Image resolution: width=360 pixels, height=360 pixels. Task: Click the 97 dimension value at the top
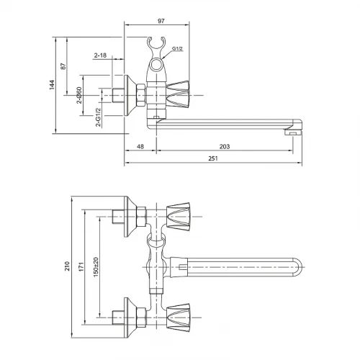(161, 21)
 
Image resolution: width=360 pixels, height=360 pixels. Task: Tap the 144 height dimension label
(52, 85)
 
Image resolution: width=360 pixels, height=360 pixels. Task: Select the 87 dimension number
(63, 66)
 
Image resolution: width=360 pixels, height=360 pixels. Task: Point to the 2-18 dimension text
(100, 55)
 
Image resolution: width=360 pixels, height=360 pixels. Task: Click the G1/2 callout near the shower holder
(177, 48)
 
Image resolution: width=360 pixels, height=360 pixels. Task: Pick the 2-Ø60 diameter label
(79, 95)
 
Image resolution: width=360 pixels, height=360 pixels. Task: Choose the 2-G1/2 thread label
(99, 117)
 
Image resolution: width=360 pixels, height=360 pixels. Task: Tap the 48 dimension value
(140, 146)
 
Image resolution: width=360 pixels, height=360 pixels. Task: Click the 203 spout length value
(225, 146)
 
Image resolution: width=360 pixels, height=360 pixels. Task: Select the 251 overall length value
(213, 158)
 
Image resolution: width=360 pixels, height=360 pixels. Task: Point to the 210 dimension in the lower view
(67, 266)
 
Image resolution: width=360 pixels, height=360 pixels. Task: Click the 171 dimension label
(81, 266)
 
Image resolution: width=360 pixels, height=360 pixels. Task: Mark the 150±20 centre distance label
(96, 267)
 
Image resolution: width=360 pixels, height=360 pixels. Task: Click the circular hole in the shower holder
(156, 65)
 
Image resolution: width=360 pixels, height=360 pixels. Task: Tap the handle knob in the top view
(178, 94)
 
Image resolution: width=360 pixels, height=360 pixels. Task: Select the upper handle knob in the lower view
(178, 217)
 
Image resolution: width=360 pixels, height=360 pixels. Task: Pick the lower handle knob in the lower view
(178, 318)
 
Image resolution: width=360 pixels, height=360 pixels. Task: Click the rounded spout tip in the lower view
(298, 267)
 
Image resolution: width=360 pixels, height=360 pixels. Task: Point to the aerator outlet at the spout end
(292, 132)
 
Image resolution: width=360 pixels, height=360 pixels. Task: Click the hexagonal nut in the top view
(141, 95)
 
